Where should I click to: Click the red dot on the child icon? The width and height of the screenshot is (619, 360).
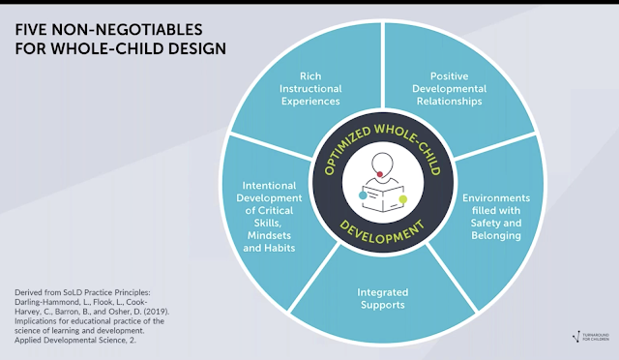coord(380,174)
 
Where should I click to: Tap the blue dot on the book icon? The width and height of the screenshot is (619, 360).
coord(363,195)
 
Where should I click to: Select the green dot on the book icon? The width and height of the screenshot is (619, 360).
coord(402,199)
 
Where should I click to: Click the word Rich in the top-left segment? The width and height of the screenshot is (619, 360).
coord(310,75)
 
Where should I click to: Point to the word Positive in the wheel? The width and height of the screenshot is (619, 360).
coord(449,75)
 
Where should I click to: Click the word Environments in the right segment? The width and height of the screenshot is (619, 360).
coord(496,197)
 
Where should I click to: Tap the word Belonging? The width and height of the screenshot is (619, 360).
coord(496,235)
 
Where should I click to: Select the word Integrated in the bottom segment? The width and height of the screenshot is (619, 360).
coord(383,292)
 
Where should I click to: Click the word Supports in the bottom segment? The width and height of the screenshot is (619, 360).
coord(383,305)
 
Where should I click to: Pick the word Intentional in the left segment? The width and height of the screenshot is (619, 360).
coord(269,186)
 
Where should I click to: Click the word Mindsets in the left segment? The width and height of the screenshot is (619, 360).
coord(269,235)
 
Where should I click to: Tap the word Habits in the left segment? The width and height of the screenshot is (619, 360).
coord(280,248)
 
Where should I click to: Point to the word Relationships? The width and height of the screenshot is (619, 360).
coord(449,102)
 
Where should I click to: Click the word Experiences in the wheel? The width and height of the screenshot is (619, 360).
coord(310,102)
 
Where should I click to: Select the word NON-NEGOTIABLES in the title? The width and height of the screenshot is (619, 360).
coord(127,30)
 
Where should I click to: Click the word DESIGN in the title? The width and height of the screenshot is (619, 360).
coord(197,48)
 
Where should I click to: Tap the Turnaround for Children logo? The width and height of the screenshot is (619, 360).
coord(591,337)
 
